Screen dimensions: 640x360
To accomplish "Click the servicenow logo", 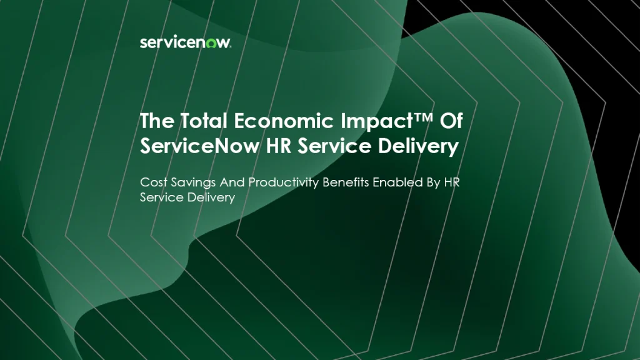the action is tap(185, 42).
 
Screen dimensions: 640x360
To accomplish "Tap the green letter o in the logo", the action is tap(211, 43).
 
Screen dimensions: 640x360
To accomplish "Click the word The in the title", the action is tap(157, 121).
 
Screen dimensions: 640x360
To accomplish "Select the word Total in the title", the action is tap(204, 121).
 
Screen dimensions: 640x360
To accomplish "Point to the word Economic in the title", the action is tap(284, 121).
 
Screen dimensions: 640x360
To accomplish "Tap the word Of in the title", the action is tap(451, 121).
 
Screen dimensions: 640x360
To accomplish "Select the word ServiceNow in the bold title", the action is tap(199, 146).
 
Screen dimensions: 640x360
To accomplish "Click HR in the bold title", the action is tap(278, 146).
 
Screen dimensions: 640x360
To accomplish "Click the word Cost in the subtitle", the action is tap(154, 182).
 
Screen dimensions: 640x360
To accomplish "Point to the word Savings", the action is tap(193, 183).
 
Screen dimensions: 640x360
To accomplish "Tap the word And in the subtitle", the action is tap(232, 182).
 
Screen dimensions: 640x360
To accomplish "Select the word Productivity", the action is tap(283, 183).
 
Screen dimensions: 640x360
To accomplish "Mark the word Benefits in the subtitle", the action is tap(345, 182).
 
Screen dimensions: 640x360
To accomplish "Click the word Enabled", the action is tap(397, 182).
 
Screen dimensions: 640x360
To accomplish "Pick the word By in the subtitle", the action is tap(433, 183).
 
